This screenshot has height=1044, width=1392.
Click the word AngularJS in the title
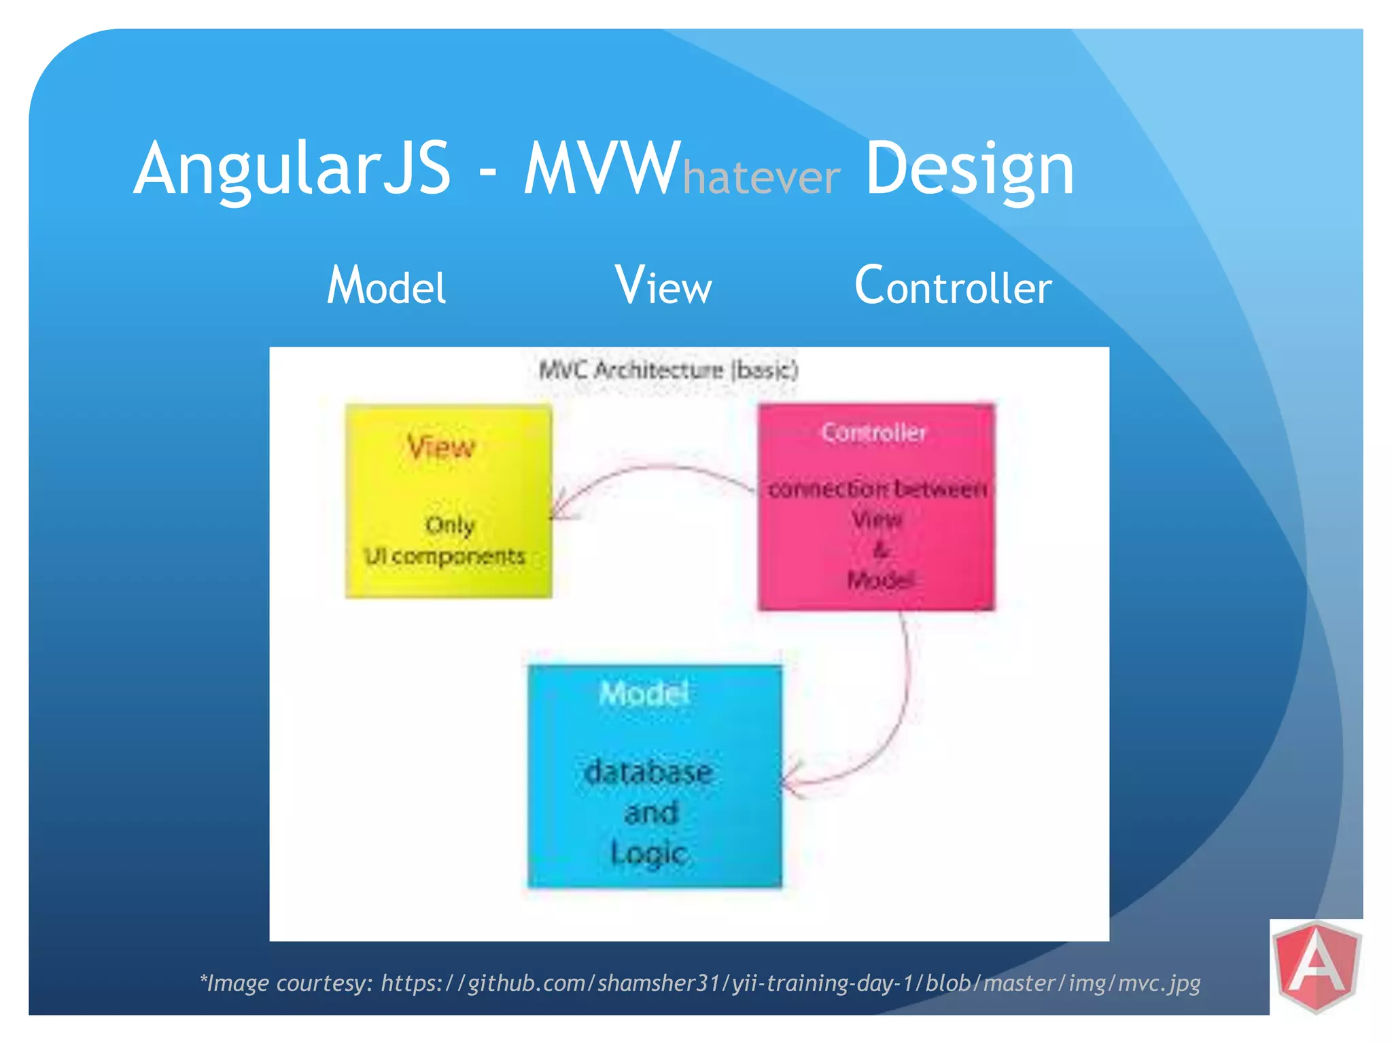[292, 169]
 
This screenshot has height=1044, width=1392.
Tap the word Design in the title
[969, 169]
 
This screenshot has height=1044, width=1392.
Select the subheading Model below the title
[386, 285]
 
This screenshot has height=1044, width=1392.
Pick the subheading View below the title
[663, 285]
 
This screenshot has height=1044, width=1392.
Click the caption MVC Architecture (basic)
[668, 370]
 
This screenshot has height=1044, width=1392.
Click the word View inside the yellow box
[441, 447]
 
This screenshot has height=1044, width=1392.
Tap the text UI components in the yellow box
[445, 556]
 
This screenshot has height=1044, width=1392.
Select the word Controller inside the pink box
[873, 432]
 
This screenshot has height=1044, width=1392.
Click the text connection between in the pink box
[877, 489]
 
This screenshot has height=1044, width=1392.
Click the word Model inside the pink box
[880, 580]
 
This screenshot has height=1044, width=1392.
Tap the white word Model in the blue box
[644, 694]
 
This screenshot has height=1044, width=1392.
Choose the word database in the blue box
[648, 772]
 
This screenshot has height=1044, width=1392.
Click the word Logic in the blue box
[649, 854]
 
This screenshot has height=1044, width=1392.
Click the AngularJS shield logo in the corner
[1317, 966]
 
